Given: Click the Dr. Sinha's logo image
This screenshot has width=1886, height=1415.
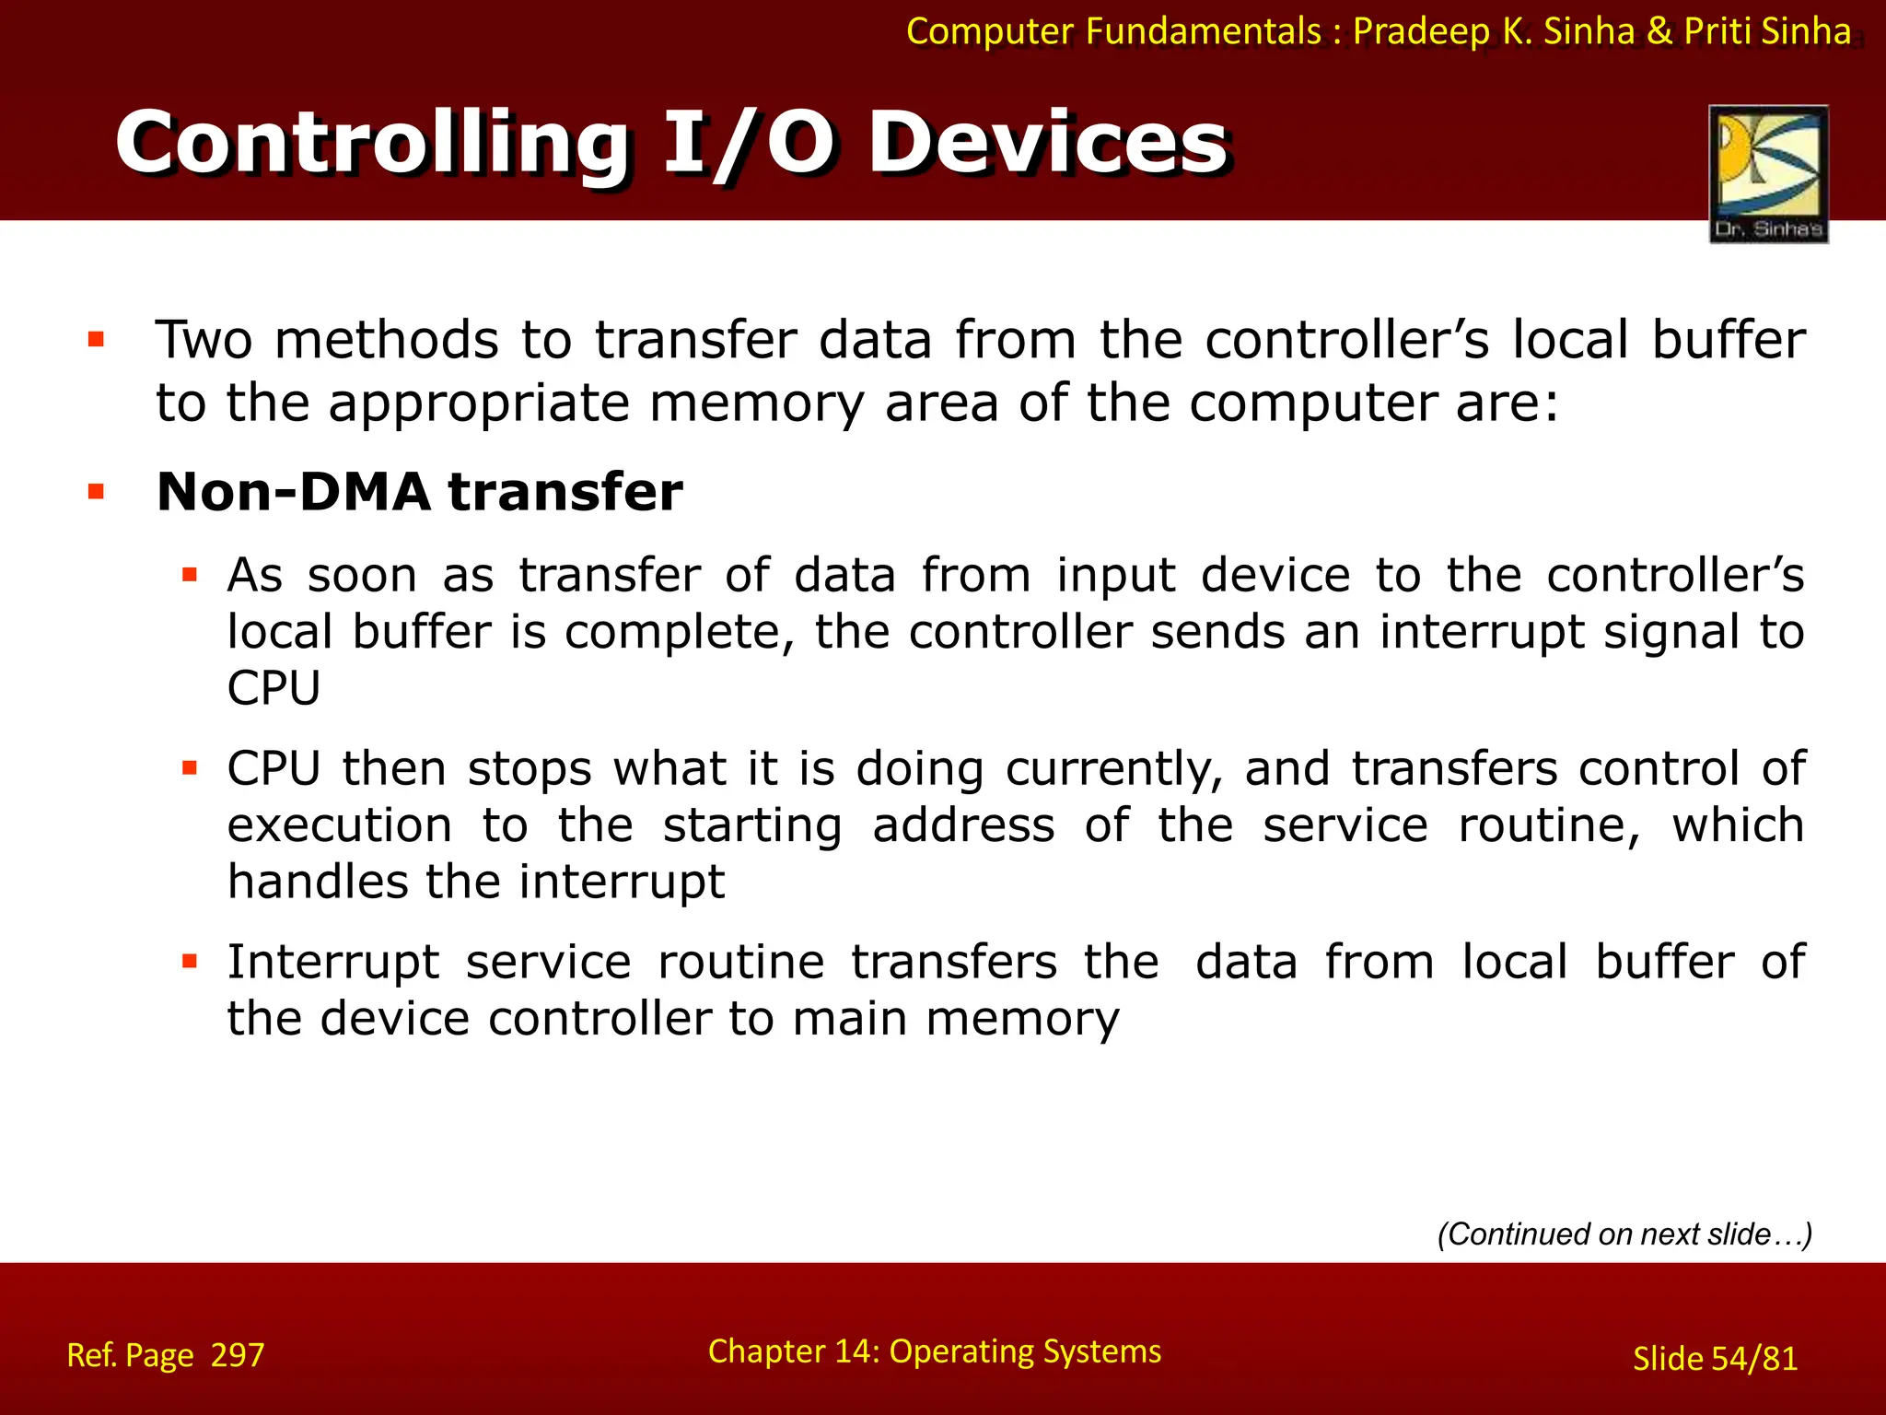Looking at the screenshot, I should tap(1768, 173).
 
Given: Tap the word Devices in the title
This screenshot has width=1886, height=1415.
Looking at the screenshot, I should tap(1048, 143).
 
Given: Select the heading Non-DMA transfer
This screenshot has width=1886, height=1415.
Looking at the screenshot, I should tap(419, 491).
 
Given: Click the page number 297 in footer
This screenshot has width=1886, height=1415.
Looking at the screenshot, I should tap(238, 1355).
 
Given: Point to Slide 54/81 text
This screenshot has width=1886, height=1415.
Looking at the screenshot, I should tap(1715, 1359).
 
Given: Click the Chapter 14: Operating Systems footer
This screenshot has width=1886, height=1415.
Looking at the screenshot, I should tap(934, 1351).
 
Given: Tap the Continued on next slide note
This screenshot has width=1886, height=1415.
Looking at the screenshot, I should tap(1624, 1234).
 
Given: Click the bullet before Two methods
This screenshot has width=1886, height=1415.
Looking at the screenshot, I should tap(96, 340).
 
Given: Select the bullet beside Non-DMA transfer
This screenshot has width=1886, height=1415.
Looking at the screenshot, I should tap(96, 491).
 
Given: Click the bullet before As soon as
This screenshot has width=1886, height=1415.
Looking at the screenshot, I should tap(190, 576).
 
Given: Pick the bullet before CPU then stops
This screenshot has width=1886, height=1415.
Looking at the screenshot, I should tap(190, 768).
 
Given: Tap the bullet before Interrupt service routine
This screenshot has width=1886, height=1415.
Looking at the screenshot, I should tap(190, 962).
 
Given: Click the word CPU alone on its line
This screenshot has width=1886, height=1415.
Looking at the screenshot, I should tap(274, 688).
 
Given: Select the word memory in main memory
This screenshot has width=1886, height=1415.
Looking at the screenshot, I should tap(1022, 1020).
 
